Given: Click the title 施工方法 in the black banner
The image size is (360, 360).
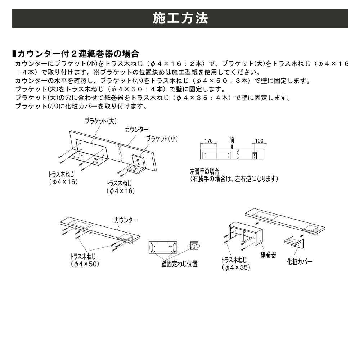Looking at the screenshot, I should tap(180, 18).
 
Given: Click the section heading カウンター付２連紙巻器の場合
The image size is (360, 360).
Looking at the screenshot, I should tap(78, 54).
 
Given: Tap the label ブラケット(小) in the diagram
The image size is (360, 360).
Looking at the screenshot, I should tap(162, 139).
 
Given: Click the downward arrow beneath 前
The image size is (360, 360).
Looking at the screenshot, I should tap(232, 147).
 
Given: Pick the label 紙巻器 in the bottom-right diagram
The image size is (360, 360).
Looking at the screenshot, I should tap(268, 255).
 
